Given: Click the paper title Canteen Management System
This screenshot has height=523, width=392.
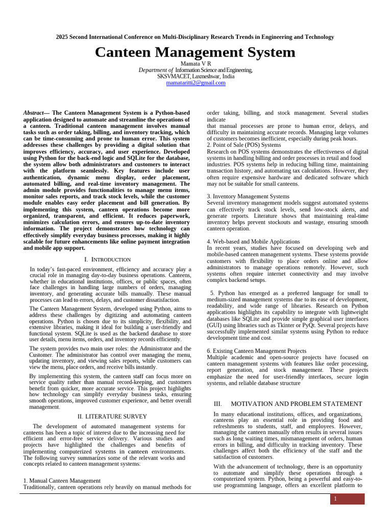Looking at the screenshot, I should coord(195,52).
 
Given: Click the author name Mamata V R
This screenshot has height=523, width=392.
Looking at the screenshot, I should coord(196,63).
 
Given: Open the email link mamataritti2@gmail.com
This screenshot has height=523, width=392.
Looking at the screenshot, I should coord(196,83).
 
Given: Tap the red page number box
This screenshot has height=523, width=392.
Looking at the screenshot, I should coord(347,498).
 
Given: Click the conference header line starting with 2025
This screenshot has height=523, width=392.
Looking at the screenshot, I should coord(195,37).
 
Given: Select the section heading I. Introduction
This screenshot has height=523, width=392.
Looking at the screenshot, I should coord(107,259).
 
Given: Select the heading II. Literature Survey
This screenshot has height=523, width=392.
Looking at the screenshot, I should coord(112,416).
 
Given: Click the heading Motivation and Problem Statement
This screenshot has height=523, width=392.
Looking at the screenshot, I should coord(297,403).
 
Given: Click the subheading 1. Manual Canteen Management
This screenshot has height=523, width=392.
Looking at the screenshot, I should coord(62,481).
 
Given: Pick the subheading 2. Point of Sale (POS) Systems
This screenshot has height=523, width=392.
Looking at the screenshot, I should coord(244,145).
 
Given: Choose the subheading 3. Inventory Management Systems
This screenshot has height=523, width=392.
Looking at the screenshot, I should coord(248,196).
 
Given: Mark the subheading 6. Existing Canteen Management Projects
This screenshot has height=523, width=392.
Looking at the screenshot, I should coord(264,351).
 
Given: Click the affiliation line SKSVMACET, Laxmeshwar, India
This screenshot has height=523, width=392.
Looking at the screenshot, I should coord(196,76).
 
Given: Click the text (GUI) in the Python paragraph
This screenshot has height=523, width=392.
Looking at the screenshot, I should coord(214,325).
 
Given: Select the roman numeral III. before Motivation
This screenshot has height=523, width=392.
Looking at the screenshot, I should coord(218,403).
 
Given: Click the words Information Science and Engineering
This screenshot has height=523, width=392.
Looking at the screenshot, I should coord(214,70).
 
